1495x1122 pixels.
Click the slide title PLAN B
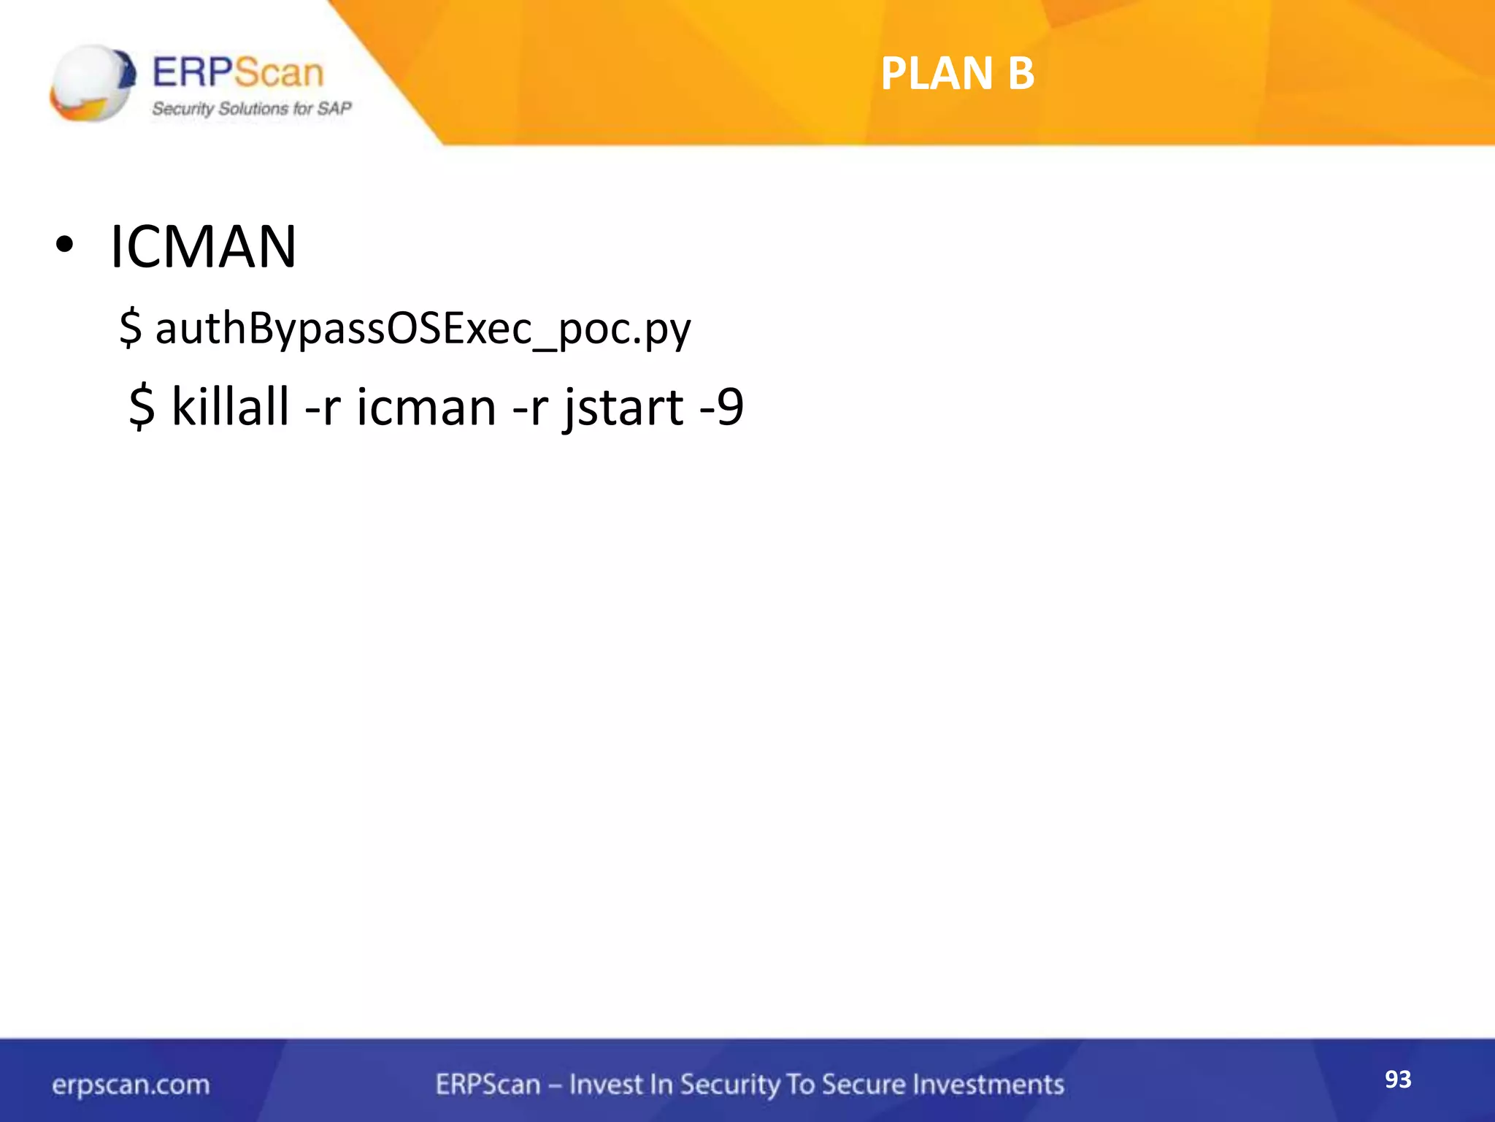click(x=957, y=74)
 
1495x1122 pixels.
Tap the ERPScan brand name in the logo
click(x=238, y=72)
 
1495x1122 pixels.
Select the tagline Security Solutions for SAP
click(x=251, y=109)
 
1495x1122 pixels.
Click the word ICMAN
click(x=203, y=247)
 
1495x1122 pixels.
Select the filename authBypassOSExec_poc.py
click(x=423, y=328)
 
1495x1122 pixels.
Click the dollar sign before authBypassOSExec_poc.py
click(x=130, y=328)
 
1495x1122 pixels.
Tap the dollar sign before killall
click(x=142, y=407)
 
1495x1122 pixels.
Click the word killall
click(x=230, y=407)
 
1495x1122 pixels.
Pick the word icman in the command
click(x=426, y=407)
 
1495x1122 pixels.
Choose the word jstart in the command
click(x=623, y=407)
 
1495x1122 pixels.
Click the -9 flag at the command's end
click(x=721, y=407)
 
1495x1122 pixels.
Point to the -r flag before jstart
click(x=530, y=407)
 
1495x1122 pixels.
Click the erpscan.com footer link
click(x=131, y=1085)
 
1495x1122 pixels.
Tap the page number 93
click(x=1398, y=1079)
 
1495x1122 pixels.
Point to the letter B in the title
click(x=1021, y=74)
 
